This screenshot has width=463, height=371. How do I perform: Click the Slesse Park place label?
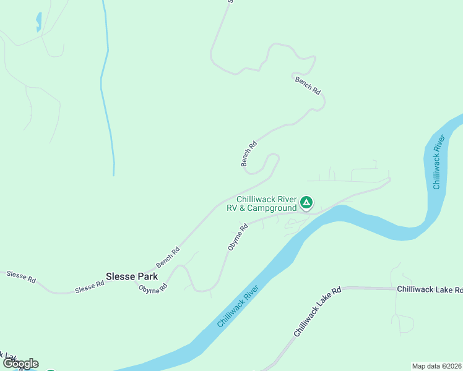132,276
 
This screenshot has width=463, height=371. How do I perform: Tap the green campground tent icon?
306,202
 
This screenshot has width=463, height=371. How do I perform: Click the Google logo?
20,364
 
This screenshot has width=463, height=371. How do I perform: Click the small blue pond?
38,23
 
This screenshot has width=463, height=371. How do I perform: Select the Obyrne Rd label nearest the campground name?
238,237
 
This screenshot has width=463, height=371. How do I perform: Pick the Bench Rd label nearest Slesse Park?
168,254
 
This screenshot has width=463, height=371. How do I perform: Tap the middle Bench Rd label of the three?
249,154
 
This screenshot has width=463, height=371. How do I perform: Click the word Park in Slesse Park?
147,276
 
